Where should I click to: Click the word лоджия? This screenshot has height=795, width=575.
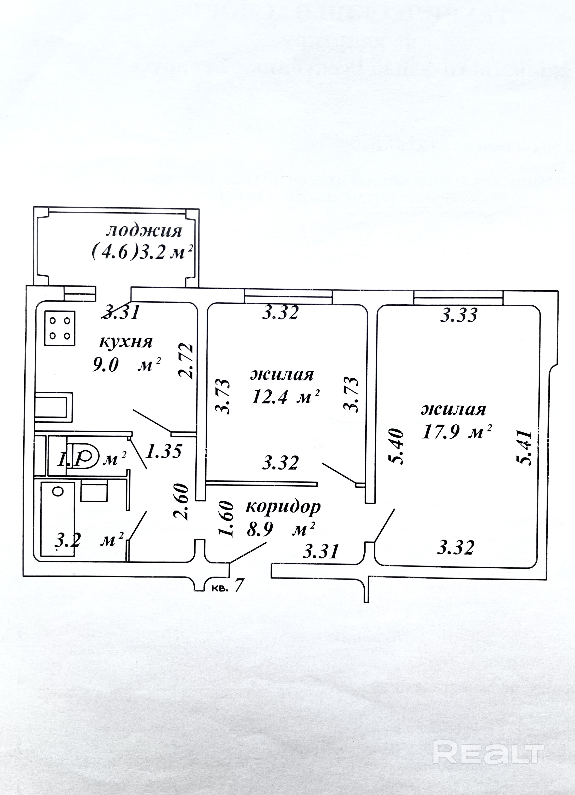point(144,232)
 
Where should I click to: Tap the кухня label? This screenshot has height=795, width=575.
point(126,342)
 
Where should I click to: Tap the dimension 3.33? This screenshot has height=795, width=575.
point(458,316)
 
